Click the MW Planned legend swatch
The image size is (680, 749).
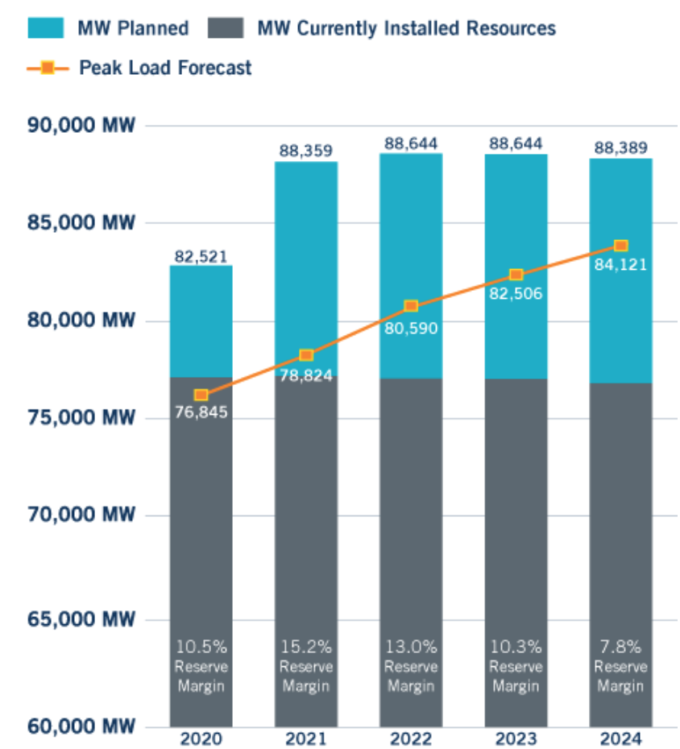46,28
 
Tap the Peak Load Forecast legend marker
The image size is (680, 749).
48,68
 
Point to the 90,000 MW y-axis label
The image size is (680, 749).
81,126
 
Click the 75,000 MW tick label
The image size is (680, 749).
81,418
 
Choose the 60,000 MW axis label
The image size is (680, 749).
81,726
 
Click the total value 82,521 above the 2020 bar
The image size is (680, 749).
201,257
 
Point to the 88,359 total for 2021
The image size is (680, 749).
306,151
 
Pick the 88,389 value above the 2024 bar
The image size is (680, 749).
620,148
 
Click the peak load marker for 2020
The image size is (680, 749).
201,395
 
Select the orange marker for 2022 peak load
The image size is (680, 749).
411,306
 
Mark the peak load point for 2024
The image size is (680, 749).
620,246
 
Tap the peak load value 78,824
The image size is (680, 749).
306,374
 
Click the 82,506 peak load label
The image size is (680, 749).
516,294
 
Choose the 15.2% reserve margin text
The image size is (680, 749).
306,647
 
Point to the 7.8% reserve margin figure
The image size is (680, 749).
620,647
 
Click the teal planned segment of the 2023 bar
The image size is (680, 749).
516,209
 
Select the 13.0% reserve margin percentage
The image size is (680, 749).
411,647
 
